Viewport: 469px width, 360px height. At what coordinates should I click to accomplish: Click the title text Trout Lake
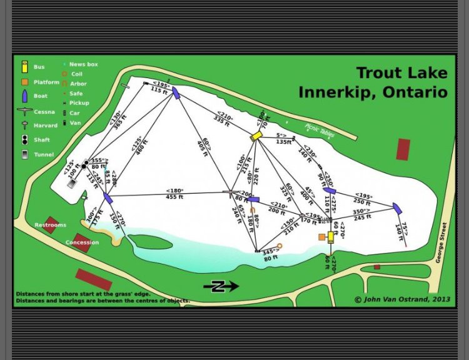point(401,73)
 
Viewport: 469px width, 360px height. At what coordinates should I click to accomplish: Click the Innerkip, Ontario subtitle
point(373,92)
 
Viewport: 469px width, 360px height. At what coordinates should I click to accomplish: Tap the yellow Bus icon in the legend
point(24,66)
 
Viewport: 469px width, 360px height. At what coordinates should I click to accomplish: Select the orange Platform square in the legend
point(24,82)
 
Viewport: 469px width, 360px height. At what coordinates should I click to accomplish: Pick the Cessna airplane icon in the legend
point(24,111)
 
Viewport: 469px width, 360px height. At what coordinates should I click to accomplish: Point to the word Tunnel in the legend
point(44,154)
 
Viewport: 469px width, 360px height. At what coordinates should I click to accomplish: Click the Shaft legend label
point(43,140)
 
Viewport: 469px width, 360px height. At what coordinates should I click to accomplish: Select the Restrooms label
point(50,225)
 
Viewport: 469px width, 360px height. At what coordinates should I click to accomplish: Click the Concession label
point(82,242)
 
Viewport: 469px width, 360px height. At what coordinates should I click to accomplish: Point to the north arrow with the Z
point(220,286)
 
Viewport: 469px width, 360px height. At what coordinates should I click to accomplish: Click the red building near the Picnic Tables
point(403,149)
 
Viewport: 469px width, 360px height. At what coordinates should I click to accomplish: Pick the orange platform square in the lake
point(322,237)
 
